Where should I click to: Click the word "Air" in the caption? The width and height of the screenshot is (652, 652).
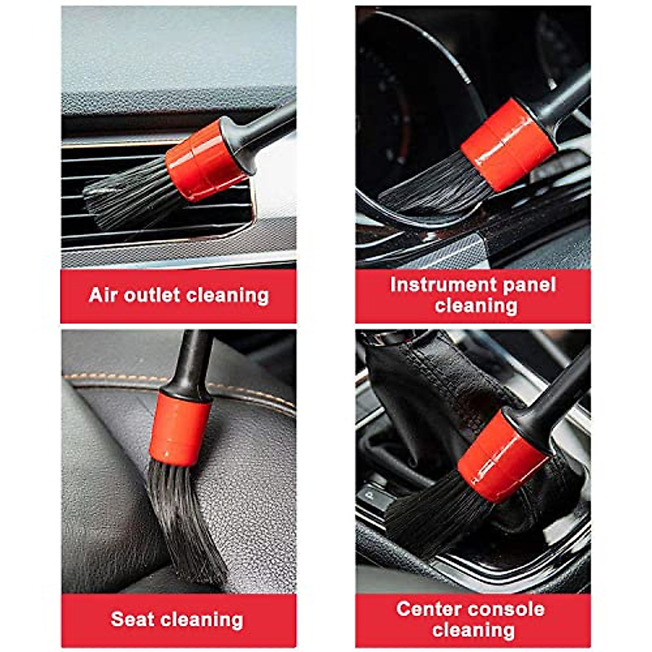point(103,295)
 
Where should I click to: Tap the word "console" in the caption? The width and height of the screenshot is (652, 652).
point(509,609)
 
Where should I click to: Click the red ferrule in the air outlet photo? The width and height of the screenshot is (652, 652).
point(205,161)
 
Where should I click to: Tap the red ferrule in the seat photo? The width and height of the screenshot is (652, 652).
point(180,429)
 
